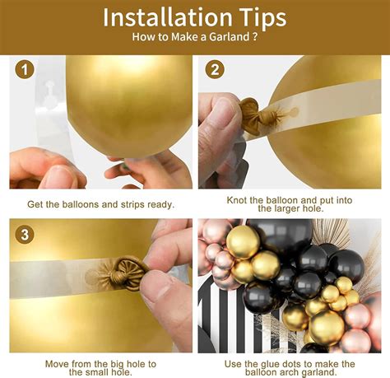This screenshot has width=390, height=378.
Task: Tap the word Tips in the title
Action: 262,18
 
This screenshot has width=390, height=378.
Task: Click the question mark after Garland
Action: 255,36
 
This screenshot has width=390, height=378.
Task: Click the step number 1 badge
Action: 25,69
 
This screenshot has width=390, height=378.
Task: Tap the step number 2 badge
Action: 215,69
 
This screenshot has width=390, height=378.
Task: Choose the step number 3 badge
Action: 25,234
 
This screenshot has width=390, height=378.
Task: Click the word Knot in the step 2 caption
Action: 237,200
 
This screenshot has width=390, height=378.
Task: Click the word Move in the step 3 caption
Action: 57,364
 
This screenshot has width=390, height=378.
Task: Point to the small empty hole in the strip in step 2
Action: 294,111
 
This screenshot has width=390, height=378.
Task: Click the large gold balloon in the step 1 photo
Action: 129,105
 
